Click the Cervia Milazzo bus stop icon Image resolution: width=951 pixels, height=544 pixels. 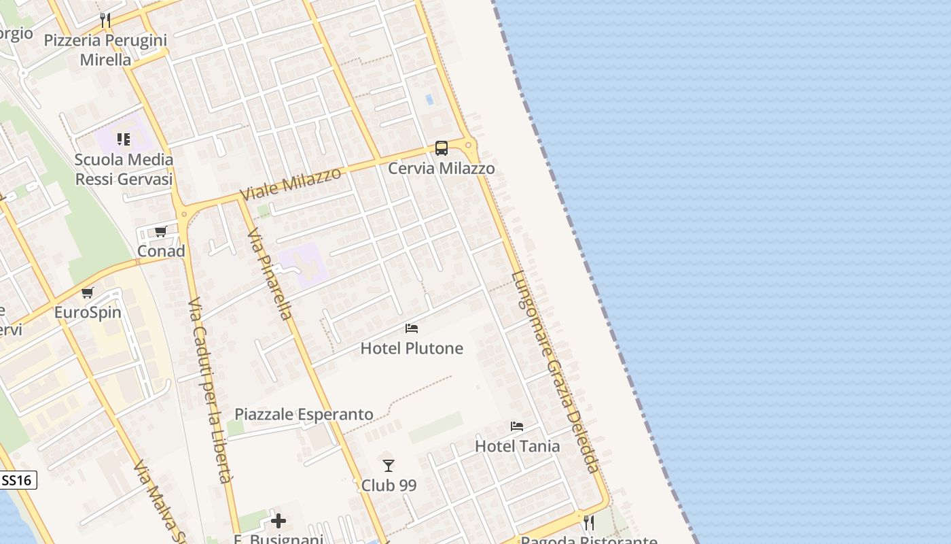[x=442, y=148]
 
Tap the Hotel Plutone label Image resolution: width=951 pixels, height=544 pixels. [x=412, y=348]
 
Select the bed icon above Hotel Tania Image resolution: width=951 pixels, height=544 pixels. [x=517, y=426]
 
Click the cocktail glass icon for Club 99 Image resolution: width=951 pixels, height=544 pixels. [x=389, y=466]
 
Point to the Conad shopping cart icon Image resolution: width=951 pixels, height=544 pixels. [x=160, y=232]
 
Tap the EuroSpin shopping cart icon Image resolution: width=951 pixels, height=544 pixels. [x=87, y=293]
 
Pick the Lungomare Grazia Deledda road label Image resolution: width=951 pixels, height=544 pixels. [x=556, y=372]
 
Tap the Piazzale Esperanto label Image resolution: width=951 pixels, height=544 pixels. [x=304, y=414]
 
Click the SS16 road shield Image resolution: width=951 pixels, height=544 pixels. [x=17, y=480]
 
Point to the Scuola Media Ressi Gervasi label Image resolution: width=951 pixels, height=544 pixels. [x=124, y=169]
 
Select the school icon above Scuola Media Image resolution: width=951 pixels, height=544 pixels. [x=123, y=139]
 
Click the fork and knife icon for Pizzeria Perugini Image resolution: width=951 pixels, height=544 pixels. [x=105, y=20]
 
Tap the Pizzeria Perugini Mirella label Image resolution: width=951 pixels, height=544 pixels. [x=105, y=50]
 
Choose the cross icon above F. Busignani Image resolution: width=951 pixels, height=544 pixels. [x=279, y=522]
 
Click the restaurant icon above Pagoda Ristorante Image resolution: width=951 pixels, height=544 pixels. [x=589, y=522]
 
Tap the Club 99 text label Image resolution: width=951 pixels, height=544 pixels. [x=389, y=486]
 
